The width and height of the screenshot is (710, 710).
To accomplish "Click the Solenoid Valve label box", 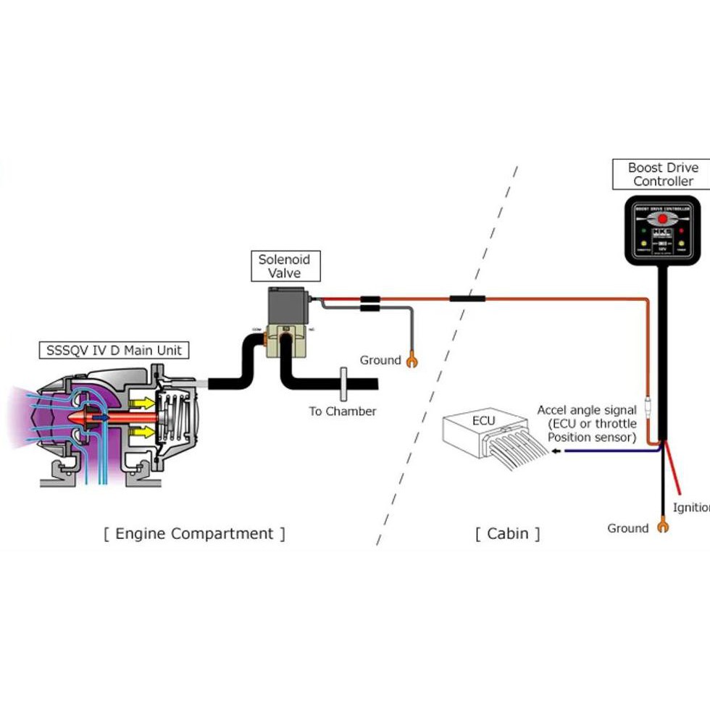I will (285, 266).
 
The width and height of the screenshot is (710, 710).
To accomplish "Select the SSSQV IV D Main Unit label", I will (114, 351).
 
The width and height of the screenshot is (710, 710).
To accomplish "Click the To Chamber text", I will (343, 411).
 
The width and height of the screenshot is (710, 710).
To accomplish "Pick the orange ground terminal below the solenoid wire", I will (412, 359).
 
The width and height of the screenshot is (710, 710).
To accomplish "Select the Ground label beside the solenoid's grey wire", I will (380, 360).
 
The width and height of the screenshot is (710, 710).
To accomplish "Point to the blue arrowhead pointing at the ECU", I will (555, 451).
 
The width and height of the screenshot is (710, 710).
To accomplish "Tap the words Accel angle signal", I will (587, 410).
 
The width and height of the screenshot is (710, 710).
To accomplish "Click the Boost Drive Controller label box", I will (663, 175).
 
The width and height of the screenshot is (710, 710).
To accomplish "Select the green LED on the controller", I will (642, 233).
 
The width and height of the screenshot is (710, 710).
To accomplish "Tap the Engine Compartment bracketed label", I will (194, 534).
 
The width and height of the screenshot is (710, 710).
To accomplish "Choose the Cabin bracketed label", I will (507, 534).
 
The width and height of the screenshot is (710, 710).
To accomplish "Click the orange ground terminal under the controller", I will (661, 526).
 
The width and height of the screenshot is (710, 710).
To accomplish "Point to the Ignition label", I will (691, 507).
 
